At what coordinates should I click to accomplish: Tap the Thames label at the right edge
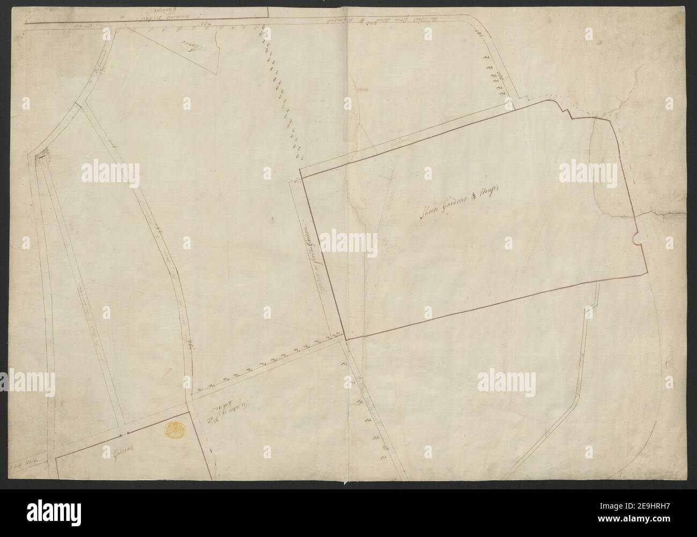pyautogui.click(x=670, y=372)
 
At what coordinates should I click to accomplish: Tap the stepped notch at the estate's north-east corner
pyautogui.click(x=564, y=110)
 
